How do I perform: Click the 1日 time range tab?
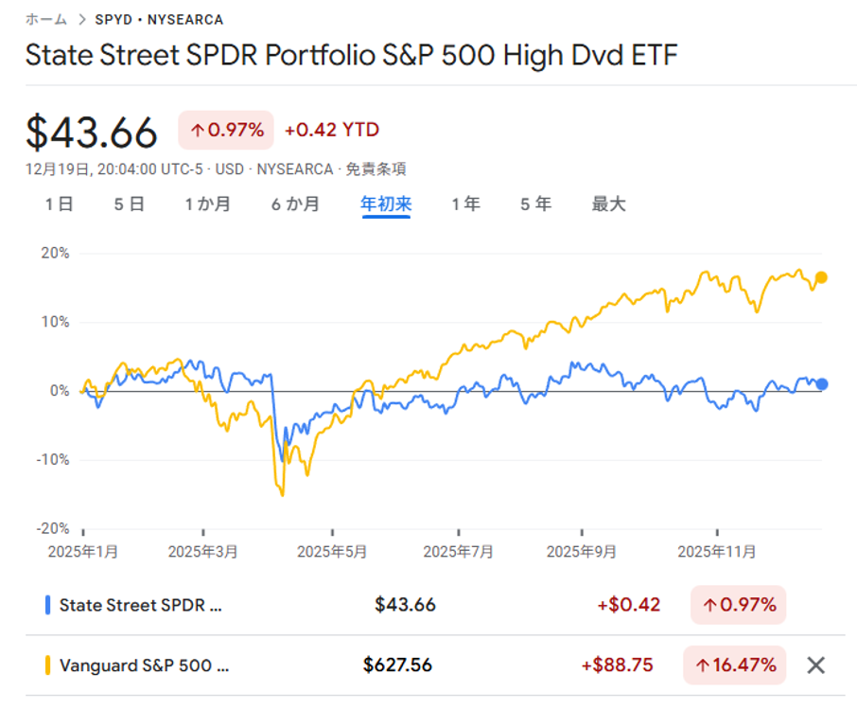click(x=59, y=204)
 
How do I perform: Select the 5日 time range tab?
click(x=130, y=204)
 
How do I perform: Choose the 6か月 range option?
click(x=295, y=204)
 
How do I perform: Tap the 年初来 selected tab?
click(x=386, y=204)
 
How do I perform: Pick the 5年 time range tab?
click(x=535, y=204)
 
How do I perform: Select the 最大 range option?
click(x=609, y=204)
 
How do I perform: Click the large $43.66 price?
click(x=92, y=132)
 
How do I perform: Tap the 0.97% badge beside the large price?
click(x=226, y=131)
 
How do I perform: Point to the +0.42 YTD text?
click(x=331, y=131)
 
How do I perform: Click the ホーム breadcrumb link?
click(x=46, y=19)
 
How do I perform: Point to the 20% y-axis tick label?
click(x=54, y=254)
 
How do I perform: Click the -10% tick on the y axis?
click(x=52, y=460)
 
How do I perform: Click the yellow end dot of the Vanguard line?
click(x=821, y=277)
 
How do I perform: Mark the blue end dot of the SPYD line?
click(x=822, y=383)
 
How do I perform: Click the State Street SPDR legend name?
click(x=141, y=605)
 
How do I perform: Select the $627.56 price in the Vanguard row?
click(x=397, y=665)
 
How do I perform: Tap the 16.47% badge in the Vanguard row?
click(x=735, y=665)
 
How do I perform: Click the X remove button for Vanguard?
click(x=815, y=665)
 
